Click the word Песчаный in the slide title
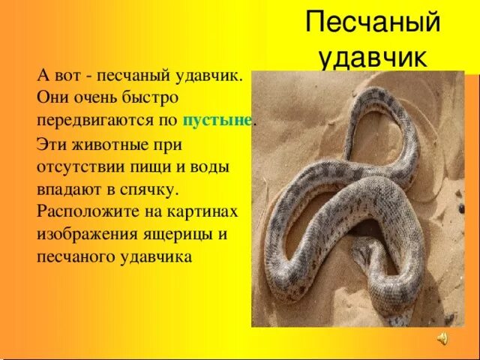373,25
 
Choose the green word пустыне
217,118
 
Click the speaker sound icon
442,339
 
